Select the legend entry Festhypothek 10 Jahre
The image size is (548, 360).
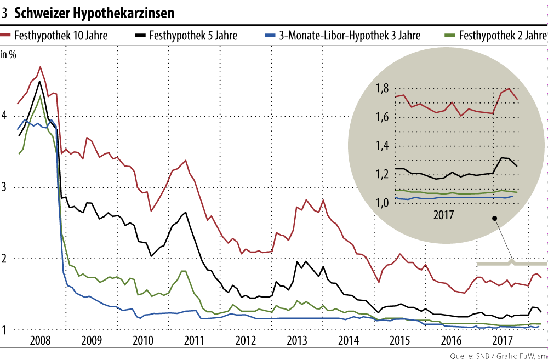61,36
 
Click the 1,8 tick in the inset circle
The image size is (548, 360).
383,89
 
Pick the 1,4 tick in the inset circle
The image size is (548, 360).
383,146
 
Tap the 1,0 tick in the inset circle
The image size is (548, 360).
383,203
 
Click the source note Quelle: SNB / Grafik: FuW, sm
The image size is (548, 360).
496,355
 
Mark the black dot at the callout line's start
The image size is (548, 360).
494,218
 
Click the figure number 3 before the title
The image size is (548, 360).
4,12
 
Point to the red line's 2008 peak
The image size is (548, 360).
40,67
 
